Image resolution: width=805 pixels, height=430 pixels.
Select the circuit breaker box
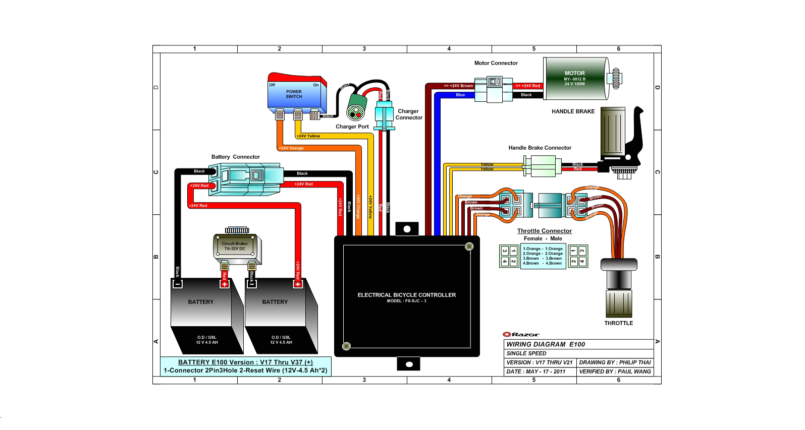[x=236, y=247]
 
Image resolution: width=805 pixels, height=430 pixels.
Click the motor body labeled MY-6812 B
[x=575, y=79]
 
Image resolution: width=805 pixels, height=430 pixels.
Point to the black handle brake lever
[x=635, y=136]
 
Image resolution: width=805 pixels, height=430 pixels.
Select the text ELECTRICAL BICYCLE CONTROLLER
[x=406, y=295]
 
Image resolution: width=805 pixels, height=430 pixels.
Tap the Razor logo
[x=521, y=334]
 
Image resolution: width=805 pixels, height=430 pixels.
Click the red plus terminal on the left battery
[x=225, y=284]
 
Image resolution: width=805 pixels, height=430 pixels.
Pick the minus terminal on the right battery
[x=252, y=284]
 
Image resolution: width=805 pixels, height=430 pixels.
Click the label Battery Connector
[x=235, y=157]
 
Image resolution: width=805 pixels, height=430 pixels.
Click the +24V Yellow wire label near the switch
[x=308, y=136]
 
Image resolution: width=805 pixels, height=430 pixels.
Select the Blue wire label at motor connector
[x=460, y=95]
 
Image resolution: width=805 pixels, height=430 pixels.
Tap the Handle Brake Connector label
[x=540, y=148]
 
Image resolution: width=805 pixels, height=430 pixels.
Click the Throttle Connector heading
[x=544, y=231]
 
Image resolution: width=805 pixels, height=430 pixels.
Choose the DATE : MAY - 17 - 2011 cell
[x=536, y=372]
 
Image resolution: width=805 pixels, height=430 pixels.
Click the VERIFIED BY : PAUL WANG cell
[x=615, y=372]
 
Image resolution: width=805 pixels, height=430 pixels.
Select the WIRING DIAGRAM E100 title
[x=546, y=344]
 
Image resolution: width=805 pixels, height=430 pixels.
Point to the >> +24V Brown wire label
[x=458, y=86]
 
